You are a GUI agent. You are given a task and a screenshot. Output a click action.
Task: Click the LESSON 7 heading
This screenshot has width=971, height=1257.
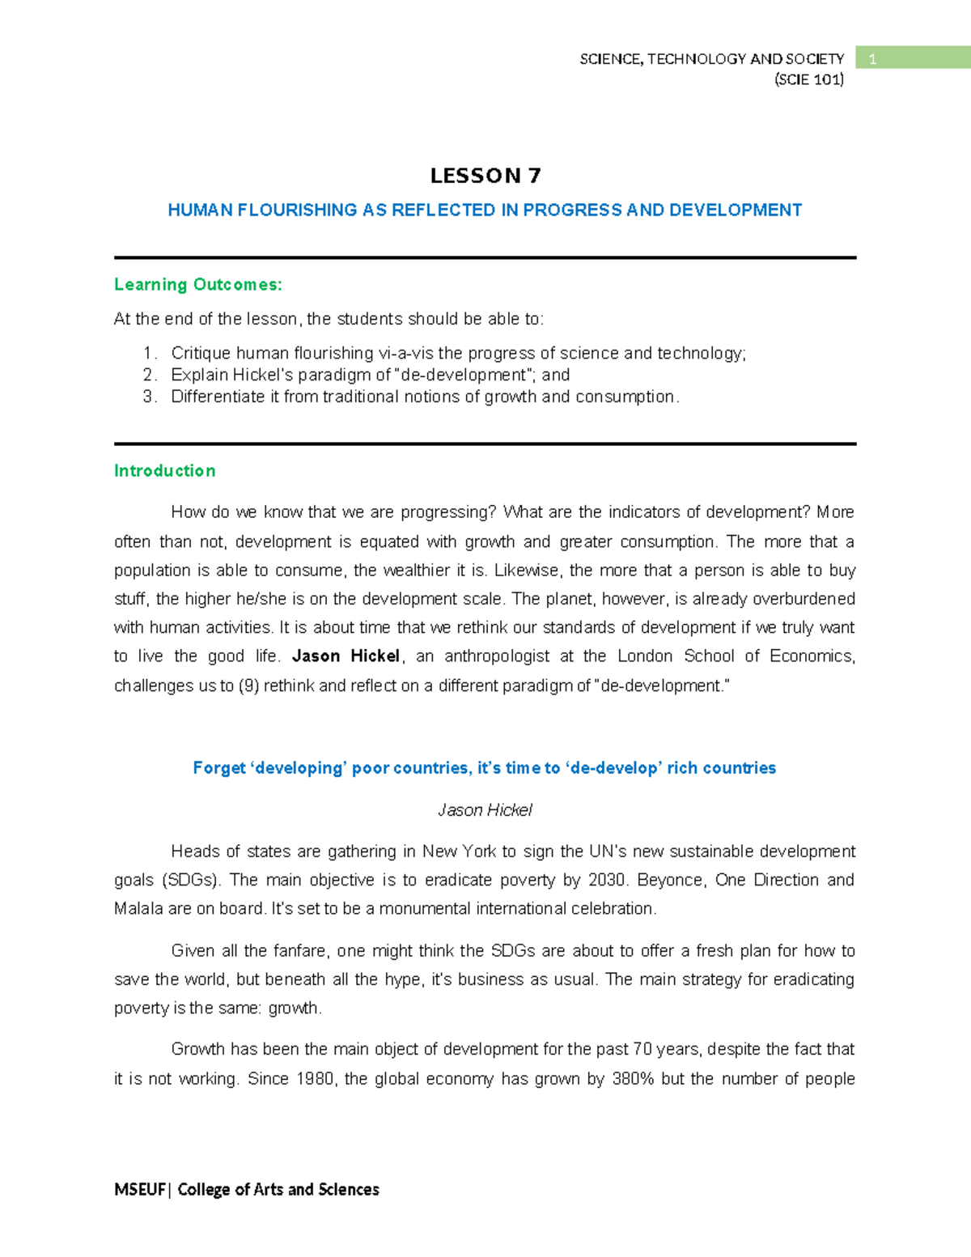click(x=485, y=176)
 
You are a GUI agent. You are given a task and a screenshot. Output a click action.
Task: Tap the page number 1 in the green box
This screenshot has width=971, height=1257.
click(x=872, y=59)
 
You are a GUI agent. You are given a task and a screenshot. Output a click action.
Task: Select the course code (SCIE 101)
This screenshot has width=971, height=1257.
click(x=808, y=79)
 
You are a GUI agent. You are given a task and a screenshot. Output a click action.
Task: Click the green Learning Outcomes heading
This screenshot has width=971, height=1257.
click(x=198, y=285)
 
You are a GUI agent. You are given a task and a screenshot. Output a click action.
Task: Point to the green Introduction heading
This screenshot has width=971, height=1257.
click(x=165, y=471)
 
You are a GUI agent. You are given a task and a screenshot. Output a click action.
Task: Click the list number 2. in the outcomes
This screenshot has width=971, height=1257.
click(x=150, y=375)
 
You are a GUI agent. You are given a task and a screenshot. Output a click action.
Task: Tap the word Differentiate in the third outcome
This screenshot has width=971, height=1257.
click(x=218, y=397)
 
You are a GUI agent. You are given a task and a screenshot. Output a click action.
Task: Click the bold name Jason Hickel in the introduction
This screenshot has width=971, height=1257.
click(x=346, y=656)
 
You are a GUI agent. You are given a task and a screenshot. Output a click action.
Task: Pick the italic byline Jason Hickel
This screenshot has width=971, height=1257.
click(x=485, y=810)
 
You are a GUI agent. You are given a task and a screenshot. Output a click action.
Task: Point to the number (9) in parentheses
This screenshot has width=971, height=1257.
click(x=248, y=686)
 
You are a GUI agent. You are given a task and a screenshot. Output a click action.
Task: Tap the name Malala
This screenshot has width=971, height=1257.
click(x=138, y=909)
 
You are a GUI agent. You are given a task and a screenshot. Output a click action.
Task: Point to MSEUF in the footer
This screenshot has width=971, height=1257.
click(x=139, y=1189)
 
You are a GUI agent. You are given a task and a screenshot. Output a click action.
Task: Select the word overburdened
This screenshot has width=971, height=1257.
click(x=804, y=599)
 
